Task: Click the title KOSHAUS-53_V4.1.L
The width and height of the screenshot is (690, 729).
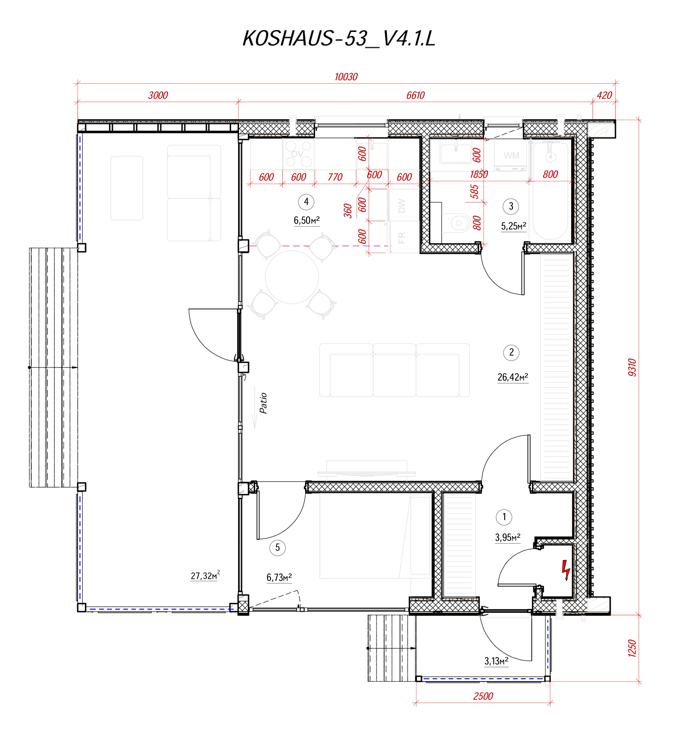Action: [339, 38]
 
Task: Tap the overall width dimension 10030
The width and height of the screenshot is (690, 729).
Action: [345, 77]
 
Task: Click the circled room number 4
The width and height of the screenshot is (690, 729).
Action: [306, 202]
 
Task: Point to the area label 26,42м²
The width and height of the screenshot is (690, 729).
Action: [513, 377]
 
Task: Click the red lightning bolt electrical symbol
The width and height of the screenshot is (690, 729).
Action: [566, 570]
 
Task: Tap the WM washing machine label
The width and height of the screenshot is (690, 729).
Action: [511, 156]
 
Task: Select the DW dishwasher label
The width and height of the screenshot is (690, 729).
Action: [401, 206]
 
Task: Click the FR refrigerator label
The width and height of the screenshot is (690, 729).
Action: [401, 238]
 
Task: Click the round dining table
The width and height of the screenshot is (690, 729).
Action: [292, 277]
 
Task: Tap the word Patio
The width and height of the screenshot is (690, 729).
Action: [263, 403]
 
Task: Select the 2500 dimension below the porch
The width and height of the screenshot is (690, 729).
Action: [483, 696]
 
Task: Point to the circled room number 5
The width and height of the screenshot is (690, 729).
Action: [277, 547]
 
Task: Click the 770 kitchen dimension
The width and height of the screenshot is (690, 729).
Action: [335, 177]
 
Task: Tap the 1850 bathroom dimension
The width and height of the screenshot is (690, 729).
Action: [479, 174]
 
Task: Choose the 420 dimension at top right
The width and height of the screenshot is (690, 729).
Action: [604, 95]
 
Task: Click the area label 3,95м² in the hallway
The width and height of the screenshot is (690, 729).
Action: [507, 537]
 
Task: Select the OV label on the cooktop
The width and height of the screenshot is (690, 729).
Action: [297, 154]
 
